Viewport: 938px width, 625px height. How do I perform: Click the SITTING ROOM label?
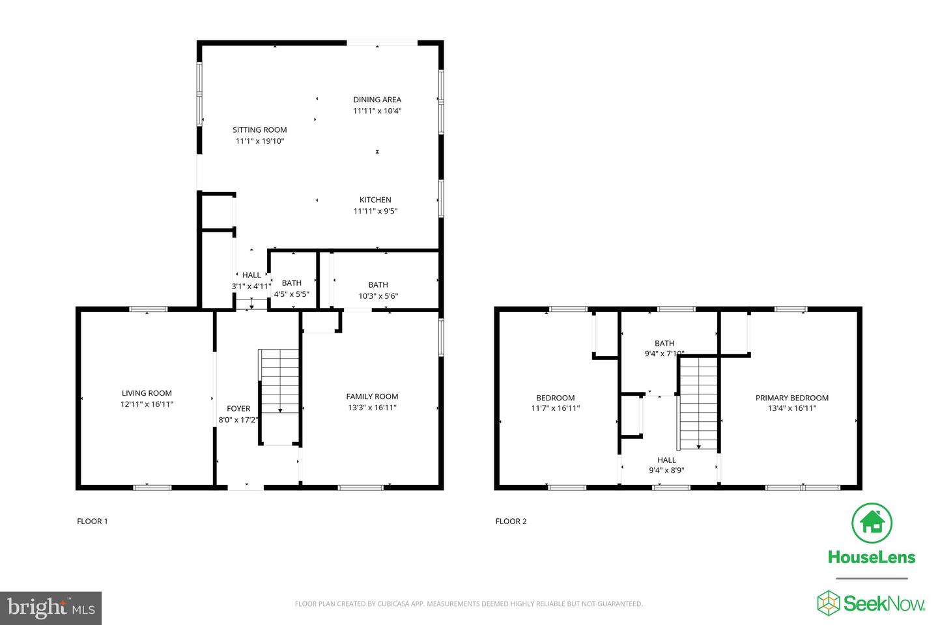coord(259,130)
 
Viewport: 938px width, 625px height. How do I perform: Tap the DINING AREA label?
coord(377,100)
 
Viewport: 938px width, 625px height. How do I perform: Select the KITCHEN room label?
coord(375,200)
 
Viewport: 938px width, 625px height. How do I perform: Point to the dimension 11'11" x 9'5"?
coord(375,211)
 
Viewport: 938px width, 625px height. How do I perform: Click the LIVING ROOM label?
coord(147,393)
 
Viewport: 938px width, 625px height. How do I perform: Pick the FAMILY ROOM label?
coord(372,396)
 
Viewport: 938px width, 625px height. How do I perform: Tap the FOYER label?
coord(238,409)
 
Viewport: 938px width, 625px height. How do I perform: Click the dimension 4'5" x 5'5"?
coord(291,294)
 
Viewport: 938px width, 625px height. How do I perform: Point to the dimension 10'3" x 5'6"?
coord(378,296)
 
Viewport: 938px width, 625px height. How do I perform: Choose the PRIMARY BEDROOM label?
coord(791,398)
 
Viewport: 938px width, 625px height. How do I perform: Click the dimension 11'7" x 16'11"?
coord(555,409)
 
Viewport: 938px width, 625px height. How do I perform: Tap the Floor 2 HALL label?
coord(666,460)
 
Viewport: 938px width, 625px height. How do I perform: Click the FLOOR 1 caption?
coord(92,521)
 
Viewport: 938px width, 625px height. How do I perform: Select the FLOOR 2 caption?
coord(511,521)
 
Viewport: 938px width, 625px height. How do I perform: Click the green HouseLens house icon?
coord(872,523)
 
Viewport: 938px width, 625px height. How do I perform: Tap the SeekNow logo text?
coord(884,603)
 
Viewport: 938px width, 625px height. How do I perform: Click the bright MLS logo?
coord(51,608)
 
